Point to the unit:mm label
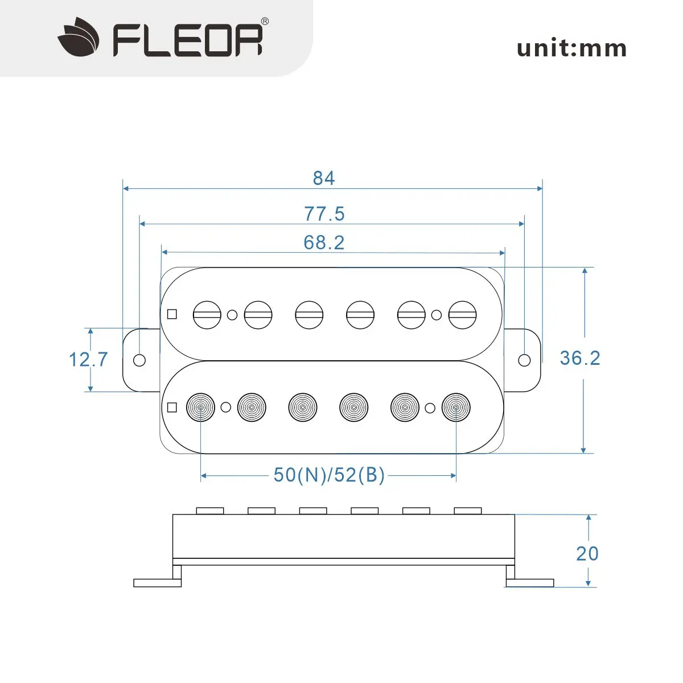point(571,48)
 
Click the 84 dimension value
point(324,178)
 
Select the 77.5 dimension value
point(324,214)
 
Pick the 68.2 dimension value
point(324,242)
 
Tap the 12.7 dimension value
point(88,360)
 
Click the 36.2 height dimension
point(580,358)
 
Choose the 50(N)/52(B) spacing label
point(329,475)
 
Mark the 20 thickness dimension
point(587,553)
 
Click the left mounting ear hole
point(139,360)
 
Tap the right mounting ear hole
point(525,360)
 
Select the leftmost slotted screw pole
point(207,314)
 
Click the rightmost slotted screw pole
point(462,314)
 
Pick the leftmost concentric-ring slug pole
point(201,408)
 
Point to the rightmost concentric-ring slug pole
point(456,408)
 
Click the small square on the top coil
point(172,314)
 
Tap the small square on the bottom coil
point(172,408)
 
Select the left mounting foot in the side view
point(157,583)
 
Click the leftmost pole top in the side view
point(209,511)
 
